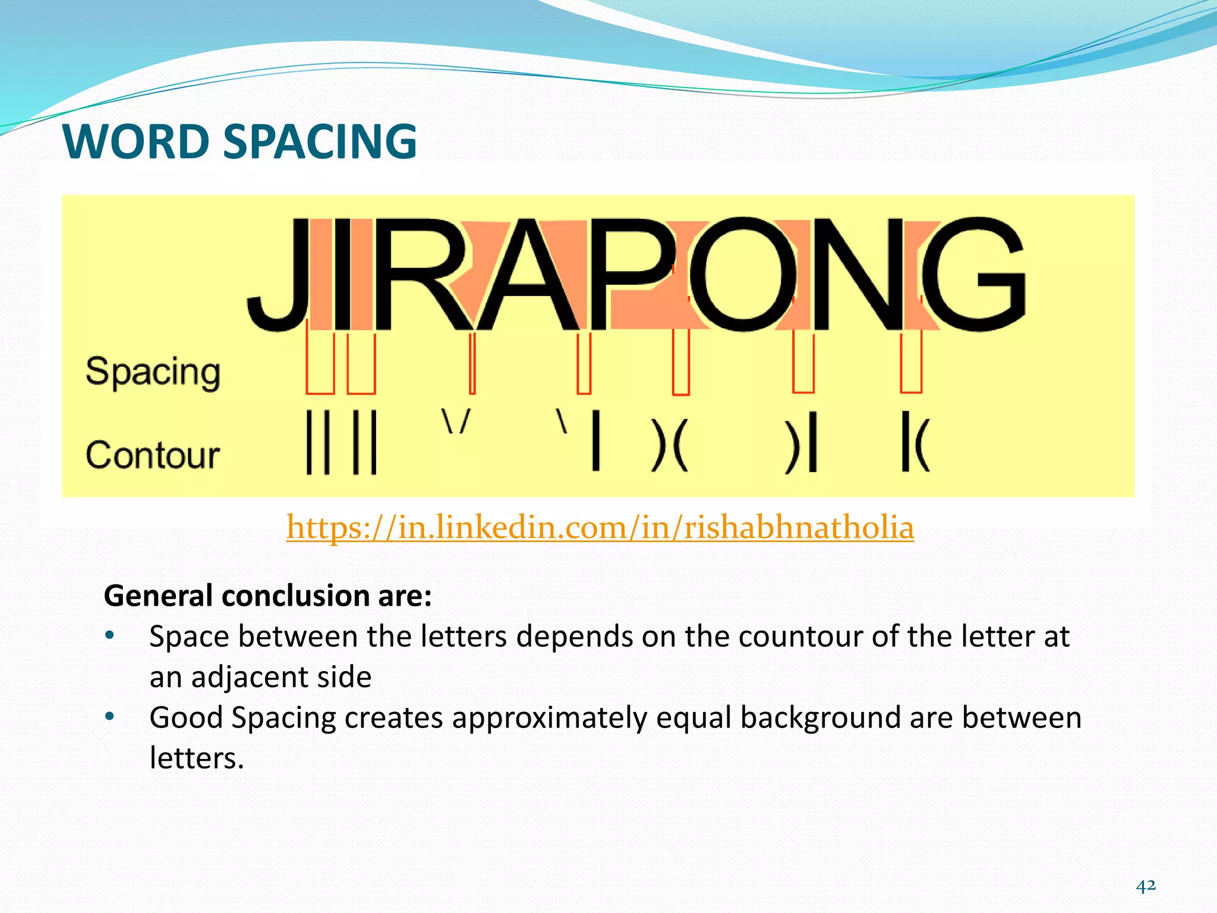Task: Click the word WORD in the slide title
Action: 136,142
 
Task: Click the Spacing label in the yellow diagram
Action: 153,373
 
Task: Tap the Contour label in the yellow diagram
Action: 153,455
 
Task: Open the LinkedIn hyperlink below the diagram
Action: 600,527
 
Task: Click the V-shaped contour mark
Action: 456,421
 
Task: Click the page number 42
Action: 1146,886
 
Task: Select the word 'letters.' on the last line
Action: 197,758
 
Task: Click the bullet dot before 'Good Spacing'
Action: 109,716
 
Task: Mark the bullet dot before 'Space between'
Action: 109,635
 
